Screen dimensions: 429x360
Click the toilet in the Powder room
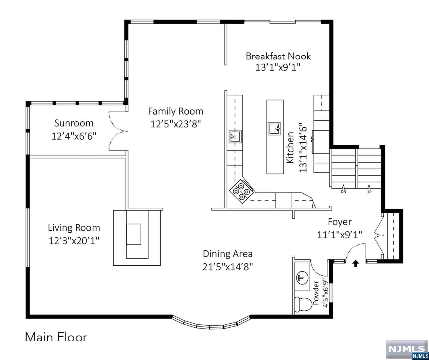[x=303, y=304]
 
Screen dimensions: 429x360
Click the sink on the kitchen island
[x=274, y=129]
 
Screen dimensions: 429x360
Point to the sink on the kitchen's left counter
[x=235, y=136]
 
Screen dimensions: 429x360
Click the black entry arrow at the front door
[x=356, y=264]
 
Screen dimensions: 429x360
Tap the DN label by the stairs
[x=343, y=192]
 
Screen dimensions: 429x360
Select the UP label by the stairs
[x=369, y=192]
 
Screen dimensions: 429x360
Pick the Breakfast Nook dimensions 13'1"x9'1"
[x=278, y=67]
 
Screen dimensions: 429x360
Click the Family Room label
[x=176, y=111]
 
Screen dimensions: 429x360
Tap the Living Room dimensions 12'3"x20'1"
[x=74, y=241]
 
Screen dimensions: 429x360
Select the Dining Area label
[x=228, y=254]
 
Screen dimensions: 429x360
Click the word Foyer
[x=340, y=222]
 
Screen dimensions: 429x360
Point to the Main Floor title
[x=56, y=337]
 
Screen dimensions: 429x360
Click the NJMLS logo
[x=407, y=349]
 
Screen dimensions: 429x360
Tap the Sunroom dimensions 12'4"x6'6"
[x=74, y=136]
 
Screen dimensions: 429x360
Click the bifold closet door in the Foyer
[x=379, y=236]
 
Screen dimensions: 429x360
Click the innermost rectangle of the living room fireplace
[x=134, y=234]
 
